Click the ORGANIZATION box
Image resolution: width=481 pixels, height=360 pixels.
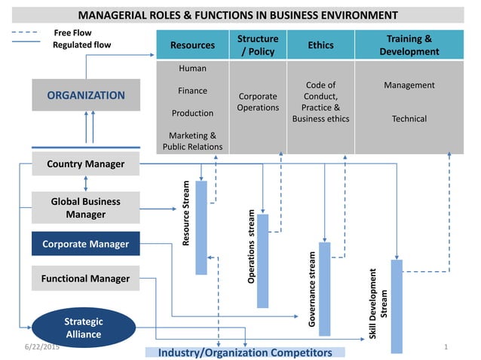pos(86,96)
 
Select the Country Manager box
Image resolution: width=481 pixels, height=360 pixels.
pos(86,163)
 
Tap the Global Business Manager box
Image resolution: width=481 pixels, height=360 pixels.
pos(86,208)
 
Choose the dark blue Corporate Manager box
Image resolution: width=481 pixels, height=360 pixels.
pos(86,244)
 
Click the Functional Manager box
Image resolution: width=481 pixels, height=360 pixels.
pos(86,279)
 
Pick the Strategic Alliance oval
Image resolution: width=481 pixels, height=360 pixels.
pos(84,328)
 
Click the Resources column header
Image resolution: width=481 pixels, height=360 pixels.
pos(192,45)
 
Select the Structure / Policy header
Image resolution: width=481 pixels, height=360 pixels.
pos(258,45)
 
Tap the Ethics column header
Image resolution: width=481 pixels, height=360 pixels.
pos(320,45)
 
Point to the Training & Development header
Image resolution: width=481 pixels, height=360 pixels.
pos(409,45)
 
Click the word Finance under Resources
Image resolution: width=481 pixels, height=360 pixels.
pos(192,91)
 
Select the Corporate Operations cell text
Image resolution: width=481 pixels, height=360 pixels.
pos(258,102)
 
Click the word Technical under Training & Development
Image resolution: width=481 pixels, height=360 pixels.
pos(409,119)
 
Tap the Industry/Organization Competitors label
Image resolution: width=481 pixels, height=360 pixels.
pos(244,352)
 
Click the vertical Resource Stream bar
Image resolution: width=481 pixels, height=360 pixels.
pos(201,227)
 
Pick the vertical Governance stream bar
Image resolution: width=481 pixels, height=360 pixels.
pos(325,288)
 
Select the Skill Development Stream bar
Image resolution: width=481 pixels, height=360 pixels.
pos(397,305)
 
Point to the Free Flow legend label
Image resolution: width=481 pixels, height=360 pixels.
pos(72,33)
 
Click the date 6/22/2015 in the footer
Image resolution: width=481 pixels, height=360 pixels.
pos(41,346)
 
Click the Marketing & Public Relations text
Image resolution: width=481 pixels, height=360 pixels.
pos(192,141)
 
